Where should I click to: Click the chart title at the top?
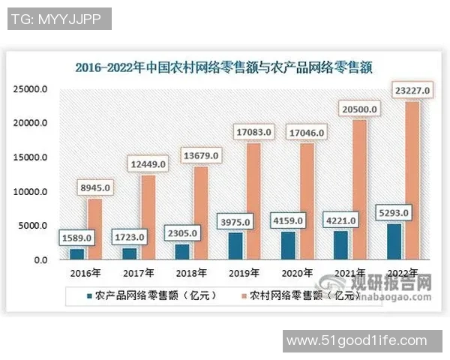click(x=223, y=66)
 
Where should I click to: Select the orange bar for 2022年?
click(x=412, y=180)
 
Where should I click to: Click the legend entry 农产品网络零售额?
click(x=147, y=295)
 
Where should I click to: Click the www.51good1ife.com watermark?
click(x=365, y=341)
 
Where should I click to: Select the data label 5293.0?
click(x=392, y=214)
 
